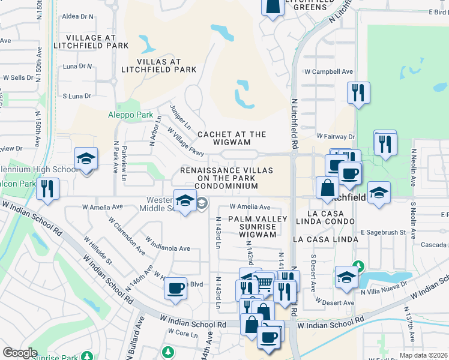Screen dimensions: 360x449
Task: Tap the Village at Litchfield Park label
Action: tap(91, 41)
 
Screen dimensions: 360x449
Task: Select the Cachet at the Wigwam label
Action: tap(232, 138)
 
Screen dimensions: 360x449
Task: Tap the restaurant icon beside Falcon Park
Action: tap(46, 188)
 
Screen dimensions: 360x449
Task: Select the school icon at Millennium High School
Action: tap(86, 159)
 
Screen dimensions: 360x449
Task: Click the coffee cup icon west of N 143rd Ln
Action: tap(176, 289)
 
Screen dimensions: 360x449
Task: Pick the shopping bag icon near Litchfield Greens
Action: tap(273, 6)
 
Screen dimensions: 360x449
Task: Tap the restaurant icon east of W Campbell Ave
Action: tap(358, 92)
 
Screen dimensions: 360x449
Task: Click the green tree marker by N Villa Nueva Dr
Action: tap(358, 265)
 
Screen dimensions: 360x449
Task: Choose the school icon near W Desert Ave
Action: tap(346, 277)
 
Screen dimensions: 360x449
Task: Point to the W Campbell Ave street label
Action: tap(328, 71)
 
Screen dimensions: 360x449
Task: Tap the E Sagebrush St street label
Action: tap(384, 232)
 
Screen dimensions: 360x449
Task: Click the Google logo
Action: tap(20, 353)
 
